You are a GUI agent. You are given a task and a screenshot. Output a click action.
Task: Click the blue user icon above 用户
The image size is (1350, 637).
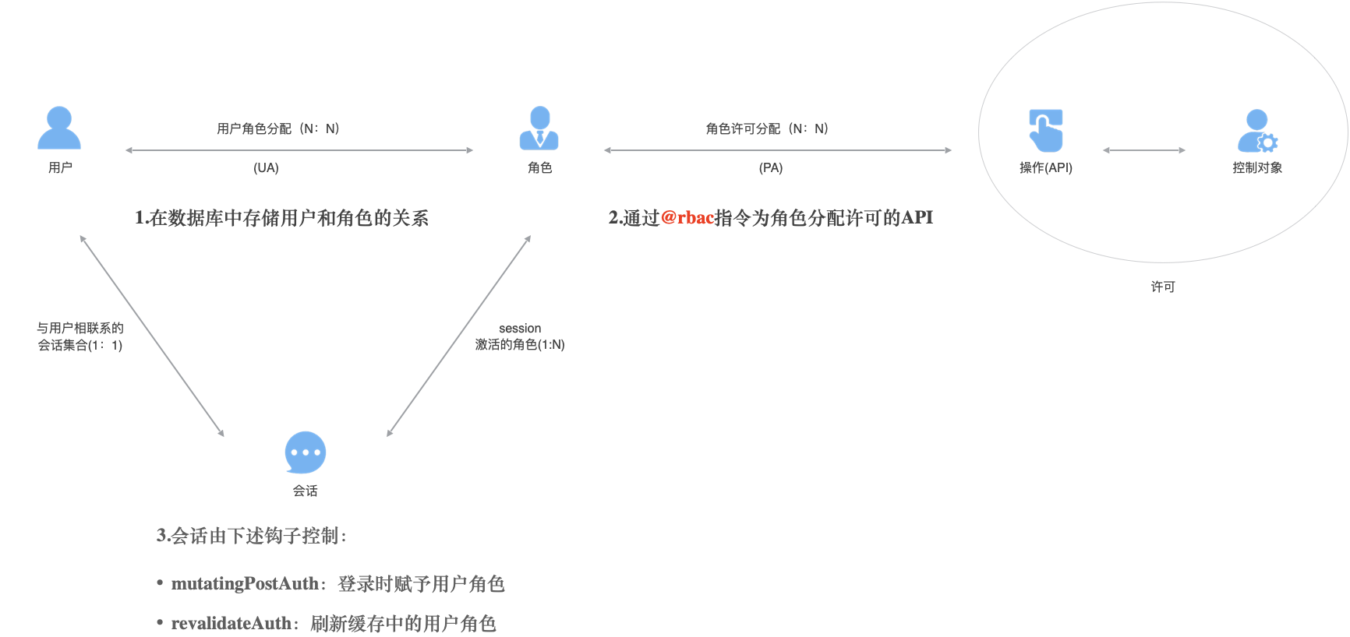(x=59, y=128)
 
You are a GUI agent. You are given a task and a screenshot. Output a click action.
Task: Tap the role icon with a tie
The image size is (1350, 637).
(x=539, y=128)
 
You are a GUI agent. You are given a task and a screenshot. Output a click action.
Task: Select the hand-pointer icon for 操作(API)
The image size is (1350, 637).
(x=1045, y=130)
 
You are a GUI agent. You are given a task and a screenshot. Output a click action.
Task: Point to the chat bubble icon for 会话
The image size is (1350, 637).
(x=306, y=452)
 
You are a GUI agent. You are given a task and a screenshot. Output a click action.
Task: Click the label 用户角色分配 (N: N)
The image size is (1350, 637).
(x=278, y=128)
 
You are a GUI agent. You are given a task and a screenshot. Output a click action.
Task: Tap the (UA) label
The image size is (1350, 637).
(x=266, y=167)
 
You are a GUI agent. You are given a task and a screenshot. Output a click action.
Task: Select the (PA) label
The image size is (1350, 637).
(x=771, y=167)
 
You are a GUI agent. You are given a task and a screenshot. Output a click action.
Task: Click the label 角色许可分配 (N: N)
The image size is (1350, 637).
(x=767, y=128)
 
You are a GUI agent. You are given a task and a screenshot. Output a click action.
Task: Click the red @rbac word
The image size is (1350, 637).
(x=687, y=218)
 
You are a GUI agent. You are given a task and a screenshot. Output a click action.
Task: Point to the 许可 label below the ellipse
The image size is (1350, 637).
(x=1163, y=287)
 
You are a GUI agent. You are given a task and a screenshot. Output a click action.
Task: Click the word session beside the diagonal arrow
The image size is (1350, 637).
(x=520, y=329)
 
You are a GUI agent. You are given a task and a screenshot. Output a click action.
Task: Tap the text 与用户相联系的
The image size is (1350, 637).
(x=80, y=328)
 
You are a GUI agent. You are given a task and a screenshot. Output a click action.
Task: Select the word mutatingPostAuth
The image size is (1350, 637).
(x=245, y=583)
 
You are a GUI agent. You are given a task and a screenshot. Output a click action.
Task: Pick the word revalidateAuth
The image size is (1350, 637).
(x=231, y=623)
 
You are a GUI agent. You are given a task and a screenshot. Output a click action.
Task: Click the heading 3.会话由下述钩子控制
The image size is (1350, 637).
(x=251, y=536)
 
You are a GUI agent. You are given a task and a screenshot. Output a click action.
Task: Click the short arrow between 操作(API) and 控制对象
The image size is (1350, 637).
(x=1144, y=150)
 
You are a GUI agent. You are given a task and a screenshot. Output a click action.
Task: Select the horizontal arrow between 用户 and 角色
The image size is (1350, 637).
(x=299, y=150)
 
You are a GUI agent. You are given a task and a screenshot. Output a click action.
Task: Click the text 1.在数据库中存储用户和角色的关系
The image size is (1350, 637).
(x=281, y=218)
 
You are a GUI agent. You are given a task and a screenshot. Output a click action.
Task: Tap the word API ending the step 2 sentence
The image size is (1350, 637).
(x=917, y=218)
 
